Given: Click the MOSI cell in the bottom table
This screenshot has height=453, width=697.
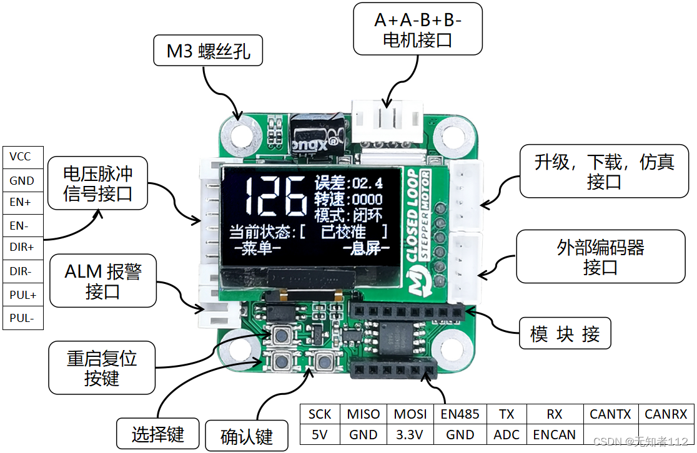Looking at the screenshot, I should (x=410, y=414).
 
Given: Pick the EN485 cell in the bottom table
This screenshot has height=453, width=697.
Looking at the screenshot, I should (x=460, y=414).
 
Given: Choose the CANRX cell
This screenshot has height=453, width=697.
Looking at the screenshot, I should (x=665, y=414).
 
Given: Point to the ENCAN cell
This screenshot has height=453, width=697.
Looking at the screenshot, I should (x=554, y=435).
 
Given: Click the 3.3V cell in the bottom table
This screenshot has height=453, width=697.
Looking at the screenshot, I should (x=410, y=435).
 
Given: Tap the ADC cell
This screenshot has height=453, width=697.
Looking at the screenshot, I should (x=506, y=435).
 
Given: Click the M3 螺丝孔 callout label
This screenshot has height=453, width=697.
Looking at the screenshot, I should (x=208, y=51).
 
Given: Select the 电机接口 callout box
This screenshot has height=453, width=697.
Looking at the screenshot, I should (x=417, y=29).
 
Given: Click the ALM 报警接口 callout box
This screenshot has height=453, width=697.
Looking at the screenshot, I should (x=103, y=281).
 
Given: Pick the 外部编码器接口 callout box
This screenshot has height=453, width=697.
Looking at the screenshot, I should (x=600, y=256).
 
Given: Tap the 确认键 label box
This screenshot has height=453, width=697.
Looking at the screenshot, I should (x=247, y=436).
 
